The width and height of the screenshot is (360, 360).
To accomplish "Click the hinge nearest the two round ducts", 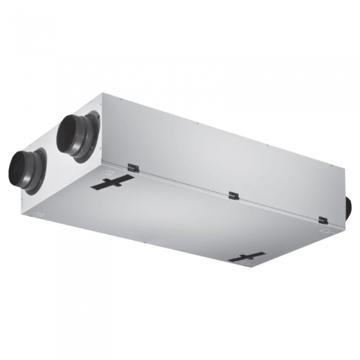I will point(133,168).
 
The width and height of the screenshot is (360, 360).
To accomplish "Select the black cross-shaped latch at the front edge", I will point(246,258).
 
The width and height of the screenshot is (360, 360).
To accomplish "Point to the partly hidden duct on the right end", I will point(349,206).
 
